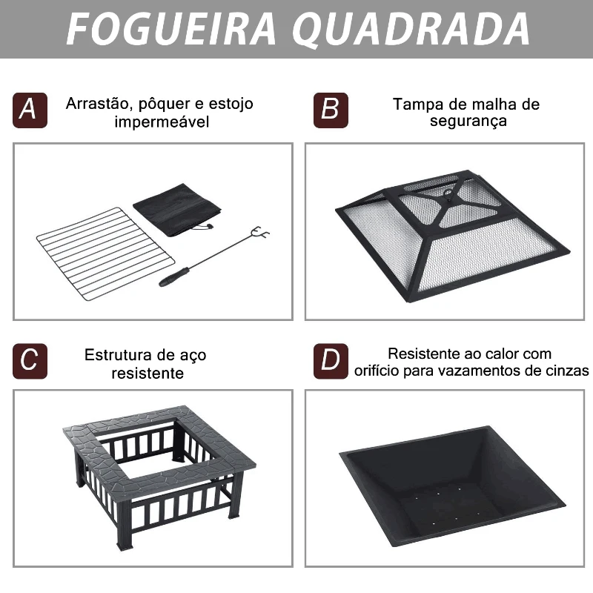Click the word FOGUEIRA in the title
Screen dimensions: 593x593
tap(171, 29)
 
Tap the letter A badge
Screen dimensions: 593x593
tap(30, 110)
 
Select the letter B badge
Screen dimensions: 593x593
tap(331, 110)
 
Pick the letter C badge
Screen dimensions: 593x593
tap(30, 361)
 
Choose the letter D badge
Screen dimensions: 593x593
tap(331, 361)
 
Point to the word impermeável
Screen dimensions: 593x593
tap(162, 122)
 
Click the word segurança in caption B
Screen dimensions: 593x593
tap(468, 122)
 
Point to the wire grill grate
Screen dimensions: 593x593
tap(105, 254)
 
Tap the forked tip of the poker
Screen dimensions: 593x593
tap(261, 233)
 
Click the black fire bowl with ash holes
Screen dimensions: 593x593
tap(453, 486)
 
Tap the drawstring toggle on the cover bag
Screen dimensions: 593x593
tap(208, 227)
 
